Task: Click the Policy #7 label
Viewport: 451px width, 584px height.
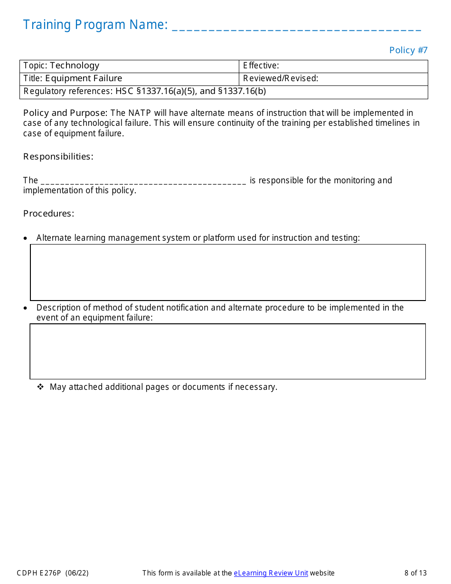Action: click(408, 50)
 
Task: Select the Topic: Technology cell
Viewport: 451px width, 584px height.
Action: click(129, 66)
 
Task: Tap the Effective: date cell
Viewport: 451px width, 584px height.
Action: click(333, 66)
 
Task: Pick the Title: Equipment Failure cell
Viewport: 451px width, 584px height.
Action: click(129, 79)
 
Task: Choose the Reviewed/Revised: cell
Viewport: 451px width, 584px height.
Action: click(333, 79)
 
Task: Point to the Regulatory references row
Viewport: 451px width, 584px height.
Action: click(223, 92)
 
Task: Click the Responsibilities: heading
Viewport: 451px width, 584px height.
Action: click(58, 157)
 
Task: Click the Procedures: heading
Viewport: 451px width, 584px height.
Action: click(49, 214)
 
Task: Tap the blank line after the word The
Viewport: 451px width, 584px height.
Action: click(143, 181)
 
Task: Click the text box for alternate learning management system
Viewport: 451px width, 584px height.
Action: click(228, 273)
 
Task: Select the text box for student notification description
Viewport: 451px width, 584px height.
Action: click(228, 351)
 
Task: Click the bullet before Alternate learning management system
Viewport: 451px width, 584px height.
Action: click(26, 238)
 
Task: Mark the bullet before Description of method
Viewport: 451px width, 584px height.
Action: click(26, 308)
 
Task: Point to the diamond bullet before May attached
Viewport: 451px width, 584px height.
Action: click(40, 387)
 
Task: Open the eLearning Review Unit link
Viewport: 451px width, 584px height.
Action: click(271, 573)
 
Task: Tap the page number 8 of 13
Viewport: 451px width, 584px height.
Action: click(415, 573)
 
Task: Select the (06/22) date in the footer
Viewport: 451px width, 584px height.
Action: click(77, 573)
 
